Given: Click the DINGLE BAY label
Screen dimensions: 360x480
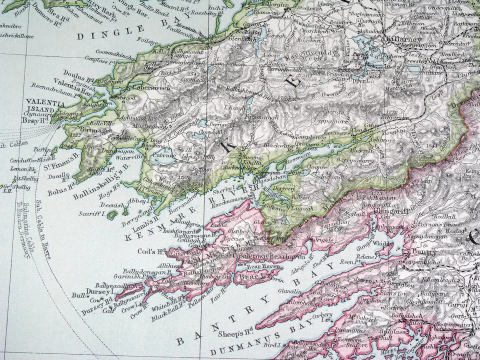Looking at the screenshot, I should point(110,32).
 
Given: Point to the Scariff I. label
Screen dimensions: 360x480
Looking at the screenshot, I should point(91,214).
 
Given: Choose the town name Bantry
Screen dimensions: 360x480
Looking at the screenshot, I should point(424,252).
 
